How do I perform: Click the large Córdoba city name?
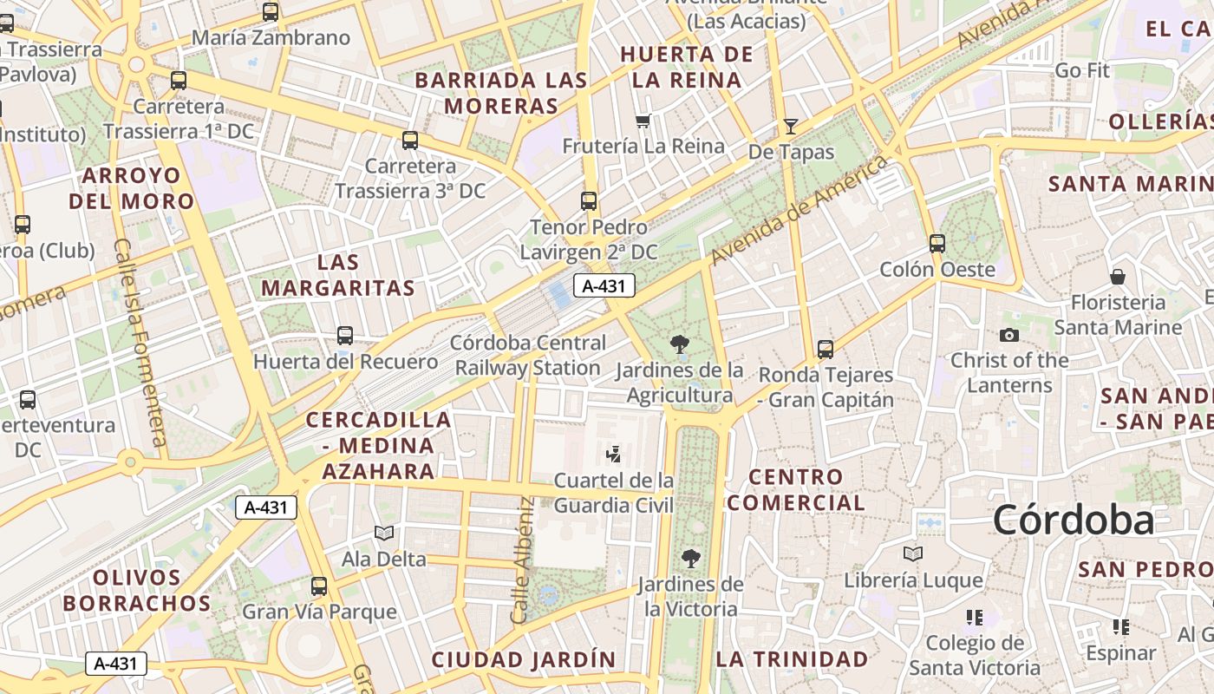(1074, 520)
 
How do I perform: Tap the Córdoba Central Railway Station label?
(528, 355)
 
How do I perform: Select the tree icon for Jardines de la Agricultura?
(681, 344)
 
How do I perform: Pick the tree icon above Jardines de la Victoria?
(691, 558)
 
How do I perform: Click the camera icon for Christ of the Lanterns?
(1009, 335)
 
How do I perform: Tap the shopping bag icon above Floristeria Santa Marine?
(1118, 277)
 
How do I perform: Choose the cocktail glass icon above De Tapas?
(790, 127)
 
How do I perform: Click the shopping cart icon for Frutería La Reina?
(643, 121)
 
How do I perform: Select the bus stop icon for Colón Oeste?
(937, 244)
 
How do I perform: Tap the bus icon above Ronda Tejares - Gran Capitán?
(826, 350)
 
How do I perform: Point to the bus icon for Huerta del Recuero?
(345, 336)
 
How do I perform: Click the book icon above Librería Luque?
(912, 553)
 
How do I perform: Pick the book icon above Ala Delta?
(384, 533)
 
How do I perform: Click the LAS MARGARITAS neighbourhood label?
(338, 275)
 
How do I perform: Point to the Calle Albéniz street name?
(522, 560)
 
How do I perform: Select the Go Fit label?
(1082, 70)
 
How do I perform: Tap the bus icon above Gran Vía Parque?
(319, 586)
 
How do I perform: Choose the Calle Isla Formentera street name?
(140, 343)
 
